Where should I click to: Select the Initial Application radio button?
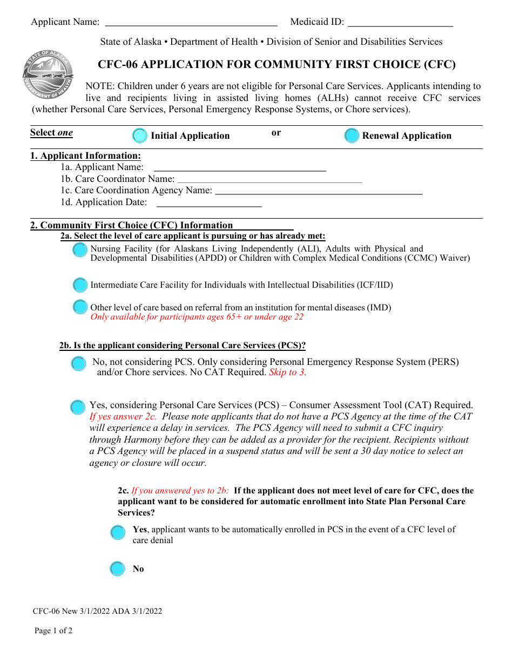[x=140, y=135]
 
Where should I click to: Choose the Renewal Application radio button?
[x=352, y=135]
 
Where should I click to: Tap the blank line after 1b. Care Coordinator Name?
[x=269, y=180]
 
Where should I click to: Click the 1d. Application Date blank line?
[x=209, y=203]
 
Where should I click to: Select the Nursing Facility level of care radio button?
[x=80, y=250]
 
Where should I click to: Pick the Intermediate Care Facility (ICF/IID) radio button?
[x=80, y=284]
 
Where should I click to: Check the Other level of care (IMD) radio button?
[x=80, y=307]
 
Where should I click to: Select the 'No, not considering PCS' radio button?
[x=78, y=363]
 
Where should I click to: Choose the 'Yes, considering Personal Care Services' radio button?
[x=78, y=407]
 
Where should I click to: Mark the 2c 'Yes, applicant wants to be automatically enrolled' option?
[x=118, y=533]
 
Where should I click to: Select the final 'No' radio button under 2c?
[x=117, y=568]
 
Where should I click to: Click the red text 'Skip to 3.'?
[x=287, y=372]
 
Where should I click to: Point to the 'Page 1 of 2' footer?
[x=53, y=631]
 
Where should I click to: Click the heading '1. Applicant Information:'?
[x=85, y=156]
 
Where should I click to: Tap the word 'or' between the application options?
[x=276, y=133]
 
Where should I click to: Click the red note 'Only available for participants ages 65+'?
[x=197, y=317]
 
